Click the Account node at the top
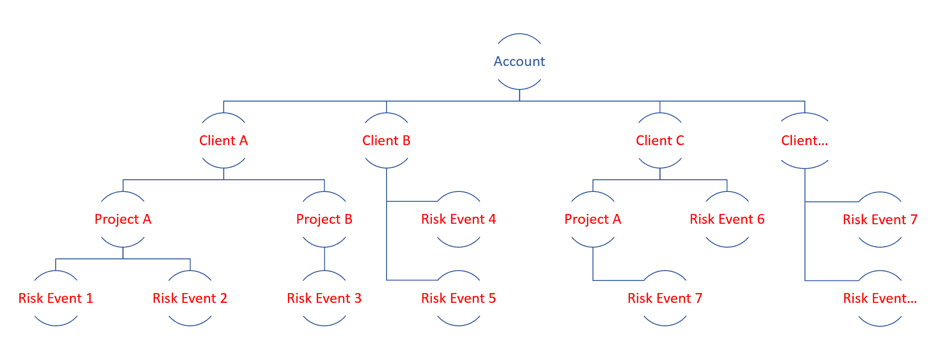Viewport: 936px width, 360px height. coord(519,61)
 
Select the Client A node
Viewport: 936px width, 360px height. coord(224,140)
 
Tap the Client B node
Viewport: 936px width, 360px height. coord(387,140)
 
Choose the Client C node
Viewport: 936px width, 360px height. coord(660,140)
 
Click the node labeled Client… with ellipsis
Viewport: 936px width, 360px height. coord(804,140)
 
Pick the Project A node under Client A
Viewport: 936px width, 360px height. coord(123,219)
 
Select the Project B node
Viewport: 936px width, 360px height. coord(324,219)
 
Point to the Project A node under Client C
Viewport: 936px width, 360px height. coord(593,219)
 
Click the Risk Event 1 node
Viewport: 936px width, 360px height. coord(56,298)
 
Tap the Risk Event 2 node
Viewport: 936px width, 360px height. coord(190,298)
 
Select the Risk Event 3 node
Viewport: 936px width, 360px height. coord(324,298)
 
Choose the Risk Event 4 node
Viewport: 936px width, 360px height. coord(459,219)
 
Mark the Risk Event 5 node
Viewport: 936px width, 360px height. coord(459,298)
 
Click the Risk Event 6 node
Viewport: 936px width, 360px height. coord(727,219)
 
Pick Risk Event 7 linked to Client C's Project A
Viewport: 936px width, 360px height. coord(665,298)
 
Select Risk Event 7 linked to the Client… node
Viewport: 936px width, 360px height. coord(880,219)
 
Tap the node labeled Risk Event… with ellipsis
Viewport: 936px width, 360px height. coord(880,298)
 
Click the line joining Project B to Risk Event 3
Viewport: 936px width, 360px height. coord(324,259)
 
